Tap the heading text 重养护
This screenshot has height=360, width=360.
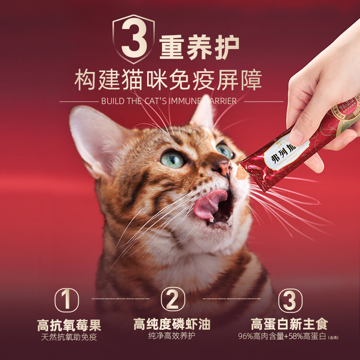pos(198,47)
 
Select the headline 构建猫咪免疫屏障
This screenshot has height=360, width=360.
pos(167,81)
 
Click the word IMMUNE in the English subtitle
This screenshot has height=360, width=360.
pos(189,101)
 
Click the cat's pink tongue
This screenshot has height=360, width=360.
pos(211,202)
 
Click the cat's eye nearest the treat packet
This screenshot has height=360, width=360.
pos(225,150)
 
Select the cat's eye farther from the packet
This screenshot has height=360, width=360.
pos(173,158)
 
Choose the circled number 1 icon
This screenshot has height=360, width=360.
pos(67,300)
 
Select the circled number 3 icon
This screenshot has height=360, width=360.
pos(289,300)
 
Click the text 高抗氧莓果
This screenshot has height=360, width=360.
pos(69,325)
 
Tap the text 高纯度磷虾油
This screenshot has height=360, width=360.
pos(172,324)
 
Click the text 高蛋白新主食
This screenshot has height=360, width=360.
pos(289,324)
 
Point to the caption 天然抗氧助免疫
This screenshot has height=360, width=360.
pos(69,337)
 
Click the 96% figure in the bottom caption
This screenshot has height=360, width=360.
pos(247,337)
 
